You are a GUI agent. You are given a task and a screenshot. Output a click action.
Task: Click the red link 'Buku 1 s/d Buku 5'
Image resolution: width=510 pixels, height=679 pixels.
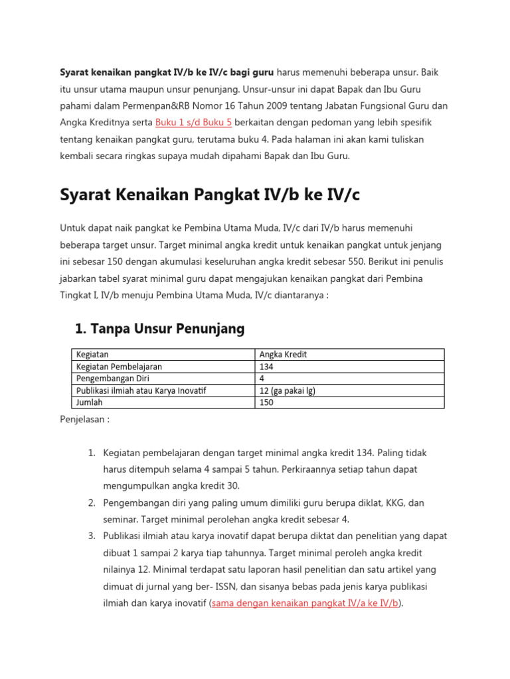tap(193, 123)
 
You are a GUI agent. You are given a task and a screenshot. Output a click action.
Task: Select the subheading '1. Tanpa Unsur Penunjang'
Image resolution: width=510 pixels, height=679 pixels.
tap(159, 328)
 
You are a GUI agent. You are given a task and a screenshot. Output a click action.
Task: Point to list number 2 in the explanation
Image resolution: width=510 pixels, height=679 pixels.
tap(92, 503)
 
